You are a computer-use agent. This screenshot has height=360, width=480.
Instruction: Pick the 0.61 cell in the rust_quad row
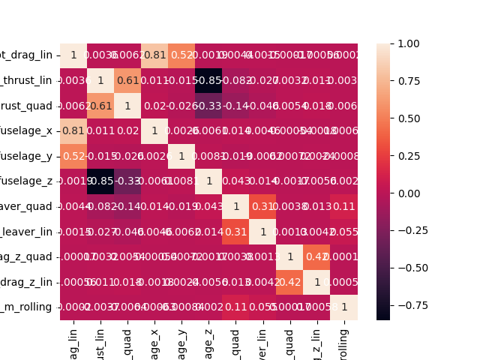100,106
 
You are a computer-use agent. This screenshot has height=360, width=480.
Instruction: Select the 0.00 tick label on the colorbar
409,193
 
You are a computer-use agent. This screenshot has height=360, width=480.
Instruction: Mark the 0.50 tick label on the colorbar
409,118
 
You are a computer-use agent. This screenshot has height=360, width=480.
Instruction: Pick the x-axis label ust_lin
100,342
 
